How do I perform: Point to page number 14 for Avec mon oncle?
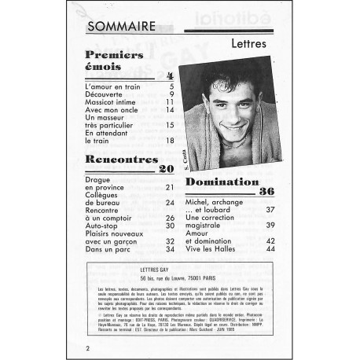(x=169, y=109)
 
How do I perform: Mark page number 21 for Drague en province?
(x=169, y=188)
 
